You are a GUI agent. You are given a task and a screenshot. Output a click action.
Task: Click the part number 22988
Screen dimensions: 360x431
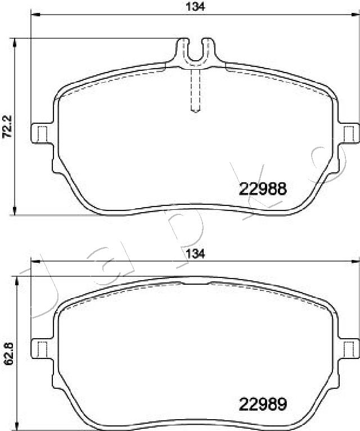[263, 189]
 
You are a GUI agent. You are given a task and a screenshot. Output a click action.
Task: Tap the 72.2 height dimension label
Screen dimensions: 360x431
[7, 127]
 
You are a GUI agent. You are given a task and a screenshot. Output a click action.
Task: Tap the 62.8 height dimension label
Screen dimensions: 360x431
[8, 354]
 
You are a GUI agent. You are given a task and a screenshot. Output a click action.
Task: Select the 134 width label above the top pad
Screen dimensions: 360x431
[195, 6]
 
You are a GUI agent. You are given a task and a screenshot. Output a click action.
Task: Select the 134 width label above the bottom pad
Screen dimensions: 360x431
[195, 254]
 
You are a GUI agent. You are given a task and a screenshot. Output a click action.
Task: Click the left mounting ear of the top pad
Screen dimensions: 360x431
[41, 133]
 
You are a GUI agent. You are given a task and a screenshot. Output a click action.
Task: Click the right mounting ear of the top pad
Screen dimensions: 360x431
[349, 133]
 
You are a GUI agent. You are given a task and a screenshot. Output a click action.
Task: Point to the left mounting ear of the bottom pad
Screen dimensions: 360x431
[41, 349]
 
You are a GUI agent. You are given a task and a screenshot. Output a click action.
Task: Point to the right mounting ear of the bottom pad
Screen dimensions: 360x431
[349, 349]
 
